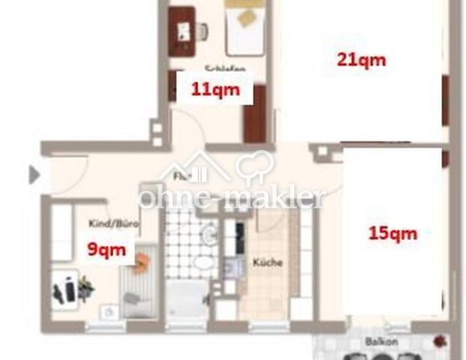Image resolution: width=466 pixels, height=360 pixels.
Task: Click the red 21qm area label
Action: click(361, 59)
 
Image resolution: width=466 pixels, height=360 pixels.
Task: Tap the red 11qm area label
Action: click(215, 90)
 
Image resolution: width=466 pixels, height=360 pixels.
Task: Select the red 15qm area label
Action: click(392, 232)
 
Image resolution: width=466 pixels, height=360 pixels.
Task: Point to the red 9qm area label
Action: click(105, 249)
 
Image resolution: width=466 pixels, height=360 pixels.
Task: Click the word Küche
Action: click(266, 263)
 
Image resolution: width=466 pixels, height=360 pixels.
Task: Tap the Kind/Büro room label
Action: click(114, 223)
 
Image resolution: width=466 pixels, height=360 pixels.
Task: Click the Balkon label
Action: click(381, 341)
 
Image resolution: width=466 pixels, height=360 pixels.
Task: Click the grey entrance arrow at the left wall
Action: click(34, 175)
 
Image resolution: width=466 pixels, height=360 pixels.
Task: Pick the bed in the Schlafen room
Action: click(245, 27)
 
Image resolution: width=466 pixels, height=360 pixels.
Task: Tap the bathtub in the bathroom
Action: click(185, 301)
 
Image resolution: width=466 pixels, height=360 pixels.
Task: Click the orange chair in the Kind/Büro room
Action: click(142, 261)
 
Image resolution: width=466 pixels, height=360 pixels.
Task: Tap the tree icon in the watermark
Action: click(254, 166)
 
